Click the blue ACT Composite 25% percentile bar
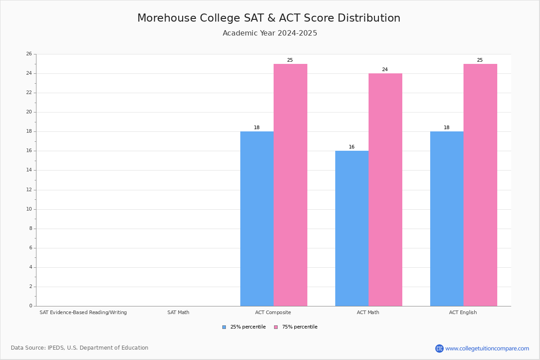click(x=257, y=219)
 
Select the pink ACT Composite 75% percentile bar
click(x=290, y=185)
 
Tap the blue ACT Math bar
click(x=352, y=229)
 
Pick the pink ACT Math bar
click(x=385, y=190)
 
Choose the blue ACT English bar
click(x=447, y=219)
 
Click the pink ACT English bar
click(x=480, y=185)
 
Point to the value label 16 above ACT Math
click(x=352, y=147)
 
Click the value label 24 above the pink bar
click(x=385, y=70)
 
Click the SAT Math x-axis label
click(x=178, y=312)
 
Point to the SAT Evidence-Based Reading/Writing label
click(x=83, y=312)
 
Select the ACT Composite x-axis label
click(x=273, y=312)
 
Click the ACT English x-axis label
click(x=463, y=312)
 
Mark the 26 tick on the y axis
click(x=29, y=54)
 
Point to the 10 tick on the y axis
click(x=29, y=209)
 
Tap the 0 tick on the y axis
click(x=31, y=306)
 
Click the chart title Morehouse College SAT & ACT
click(x=269, y=18)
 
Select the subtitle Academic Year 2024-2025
click(x=270, y=33)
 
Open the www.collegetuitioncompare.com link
click(x=487, y=348)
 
